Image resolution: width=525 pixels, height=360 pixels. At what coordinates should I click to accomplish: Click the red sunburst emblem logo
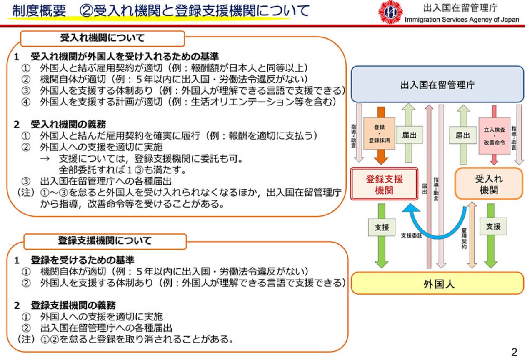[390, 12]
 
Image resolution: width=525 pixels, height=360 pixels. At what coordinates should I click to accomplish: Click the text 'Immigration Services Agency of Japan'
[462, 20]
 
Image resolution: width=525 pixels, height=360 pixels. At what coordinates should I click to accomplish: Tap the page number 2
[514, 352]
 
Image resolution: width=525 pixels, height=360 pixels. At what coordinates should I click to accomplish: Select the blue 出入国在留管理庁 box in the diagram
[437, 84]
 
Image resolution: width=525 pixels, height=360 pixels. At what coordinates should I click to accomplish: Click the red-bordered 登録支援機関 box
[384, 184]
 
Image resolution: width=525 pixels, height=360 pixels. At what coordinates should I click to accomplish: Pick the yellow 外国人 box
[437, 283]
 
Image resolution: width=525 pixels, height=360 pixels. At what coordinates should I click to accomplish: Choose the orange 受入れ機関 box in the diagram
[489, 184]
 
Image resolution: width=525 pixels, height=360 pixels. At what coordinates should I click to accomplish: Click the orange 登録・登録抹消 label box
[379, 134]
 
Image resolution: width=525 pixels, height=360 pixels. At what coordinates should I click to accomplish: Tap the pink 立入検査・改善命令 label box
[495, 136]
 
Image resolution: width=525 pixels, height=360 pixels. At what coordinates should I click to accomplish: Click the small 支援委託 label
[412, 235]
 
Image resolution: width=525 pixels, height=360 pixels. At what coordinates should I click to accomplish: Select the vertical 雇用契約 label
[464, 238]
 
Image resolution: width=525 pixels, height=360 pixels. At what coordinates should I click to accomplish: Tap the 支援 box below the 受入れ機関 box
[493, 226]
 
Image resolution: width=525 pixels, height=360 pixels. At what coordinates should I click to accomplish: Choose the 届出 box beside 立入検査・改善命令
[463, 135]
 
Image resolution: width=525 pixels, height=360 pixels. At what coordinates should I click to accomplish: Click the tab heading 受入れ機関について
[102, 38]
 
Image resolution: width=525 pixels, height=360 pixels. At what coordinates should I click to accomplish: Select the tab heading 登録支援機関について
[105, 241]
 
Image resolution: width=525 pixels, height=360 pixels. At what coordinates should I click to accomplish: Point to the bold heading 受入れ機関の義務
[68, 124]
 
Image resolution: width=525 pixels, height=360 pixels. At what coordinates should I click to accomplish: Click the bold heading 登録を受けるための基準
[82, 260]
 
